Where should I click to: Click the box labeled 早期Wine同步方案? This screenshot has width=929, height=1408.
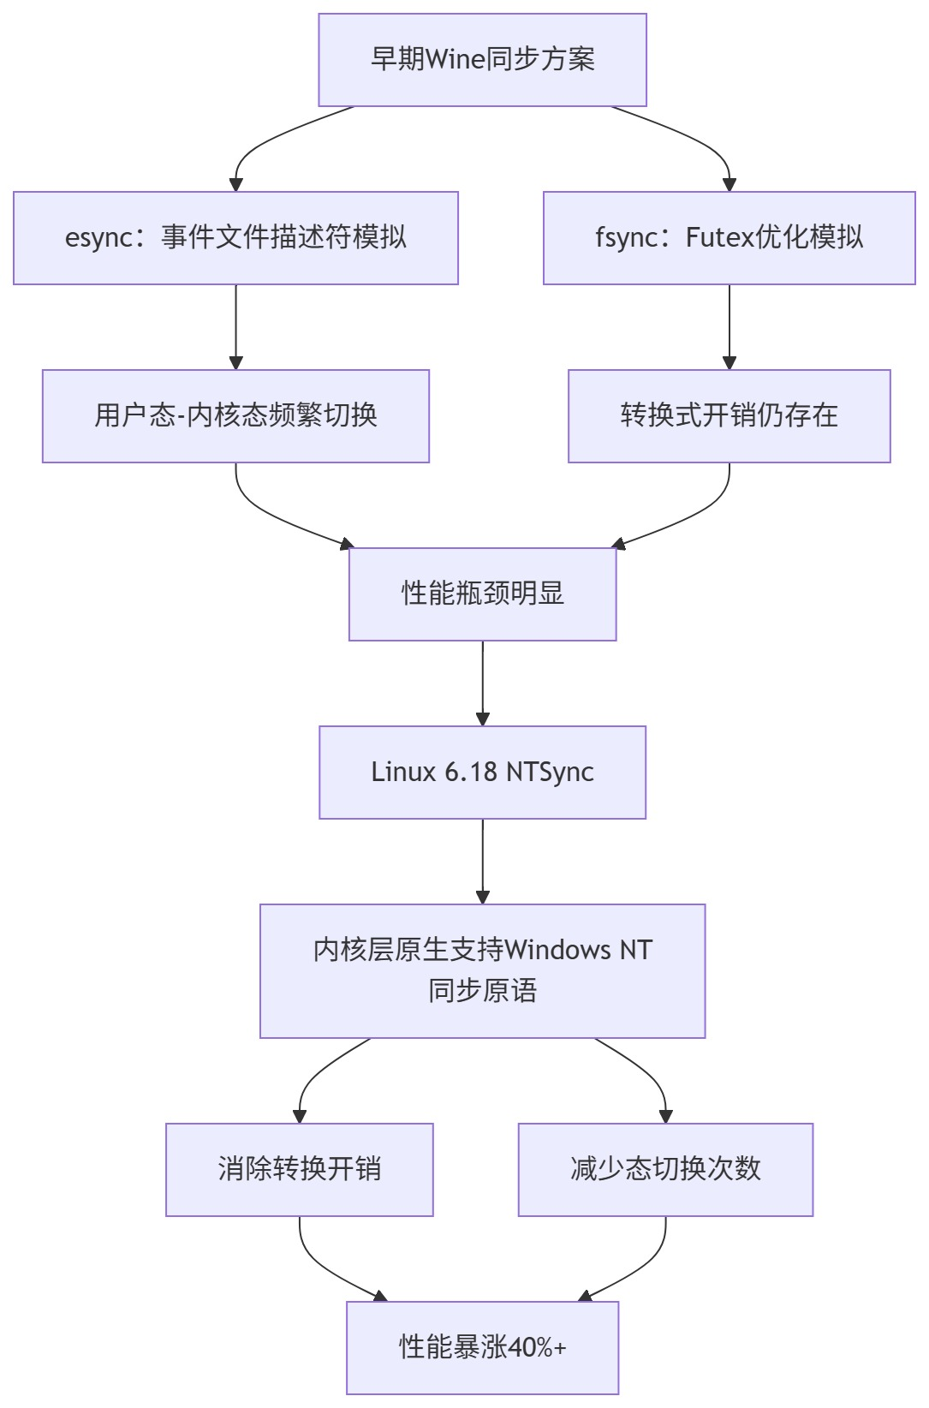pyautogui.click(x=482, y=60)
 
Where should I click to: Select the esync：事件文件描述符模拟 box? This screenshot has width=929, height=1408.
pyautogui.click(x=235, y=237)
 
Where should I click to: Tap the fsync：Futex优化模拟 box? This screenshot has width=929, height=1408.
pyautogui.click(x=729, y=237)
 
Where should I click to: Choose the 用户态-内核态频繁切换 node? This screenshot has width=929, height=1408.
pyautogui.click(x=235, y=415)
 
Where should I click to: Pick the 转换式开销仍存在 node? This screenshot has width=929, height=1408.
pyautogui.click(x=729, y=415)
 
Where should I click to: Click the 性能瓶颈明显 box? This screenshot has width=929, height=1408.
pyautogui.click(x=482, y=594)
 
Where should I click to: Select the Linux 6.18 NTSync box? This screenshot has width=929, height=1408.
pyautogui.click(x=482, y=772)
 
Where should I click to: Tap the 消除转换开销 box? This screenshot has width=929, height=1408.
pyautogui.click(x=299, y=1169)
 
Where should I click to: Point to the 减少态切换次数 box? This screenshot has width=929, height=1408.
pyautogui.click(x=665, y=1169)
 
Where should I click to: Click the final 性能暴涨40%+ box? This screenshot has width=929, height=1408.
pyautogui.click(x=482, y=1347)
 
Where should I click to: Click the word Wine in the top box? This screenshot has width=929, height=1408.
pyautogui.click(x=455, y=60)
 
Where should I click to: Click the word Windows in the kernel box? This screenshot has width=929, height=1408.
pyautogui.click(x=557, y=950)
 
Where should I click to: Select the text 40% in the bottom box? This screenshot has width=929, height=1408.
pyautogui.click(x=531, y=1347)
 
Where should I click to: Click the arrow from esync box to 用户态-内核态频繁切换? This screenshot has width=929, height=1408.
pyautogui.click(x=235, y=325)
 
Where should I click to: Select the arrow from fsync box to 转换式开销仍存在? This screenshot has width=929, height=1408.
pyautogui.click(x=730, y=325)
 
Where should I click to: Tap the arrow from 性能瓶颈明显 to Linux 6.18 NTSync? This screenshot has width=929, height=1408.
pyautogui.click(x=483, y=682)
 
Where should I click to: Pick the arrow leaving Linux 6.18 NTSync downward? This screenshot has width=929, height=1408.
pyautogui.click(x=483, y=860)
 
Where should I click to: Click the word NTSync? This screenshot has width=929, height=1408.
pyautogui.click(x=550, y=772)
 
